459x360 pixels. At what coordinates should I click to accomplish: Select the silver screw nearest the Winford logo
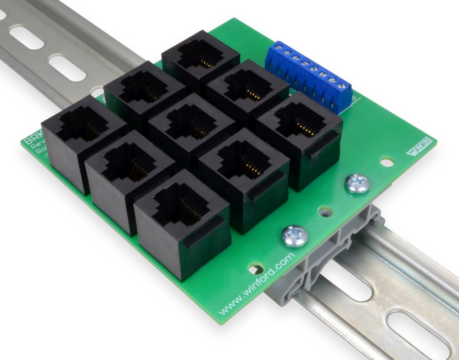(357, 184)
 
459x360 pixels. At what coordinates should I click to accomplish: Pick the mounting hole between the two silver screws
(325, 212)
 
